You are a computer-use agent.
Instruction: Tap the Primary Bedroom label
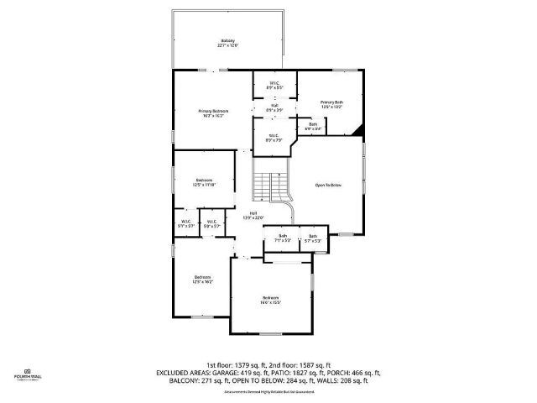coord(213,113)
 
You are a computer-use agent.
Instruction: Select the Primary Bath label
coord(332,105)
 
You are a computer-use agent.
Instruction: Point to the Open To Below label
coord(328,185)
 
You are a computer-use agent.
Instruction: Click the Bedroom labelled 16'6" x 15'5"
coord(269,300)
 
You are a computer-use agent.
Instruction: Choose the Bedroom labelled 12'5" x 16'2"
coord(202,280)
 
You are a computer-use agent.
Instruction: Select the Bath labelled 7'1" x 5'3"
coord(283,238)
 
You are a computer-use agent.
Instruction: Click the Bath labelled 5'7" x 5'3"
coord(313,238)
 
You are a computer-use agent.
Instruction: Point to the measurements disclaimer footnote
coord(268,392)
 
